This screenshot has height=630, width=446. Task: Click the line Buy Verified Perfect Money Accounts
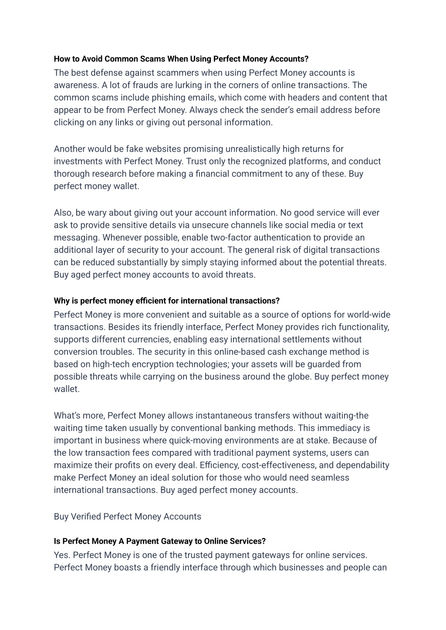(x=128, y=517)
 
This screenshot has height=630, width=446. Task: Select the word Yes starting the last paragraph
(x=62, y=555)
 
